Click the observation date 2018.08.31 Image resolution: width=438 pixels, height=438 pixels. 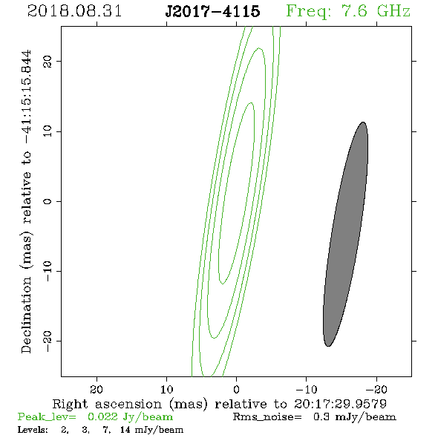click(x=74, y=11)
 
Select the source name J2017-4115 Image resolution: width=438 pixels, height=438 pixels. click(x=212, y=11)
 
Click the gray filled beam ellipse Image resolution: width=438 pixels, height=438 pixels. click(x=345, y=234)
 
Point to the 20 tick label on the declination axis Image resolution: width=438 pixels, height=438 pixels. click(x=48, y=62)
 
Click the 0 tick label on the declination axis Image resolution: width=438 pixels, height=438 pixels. click(x=48, y=201)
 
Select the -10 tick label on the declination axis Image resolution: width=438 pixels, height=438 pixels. click(x=48, y=271)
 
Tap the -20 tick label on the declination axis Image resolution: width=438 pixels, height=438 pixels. click(x=48, y=341)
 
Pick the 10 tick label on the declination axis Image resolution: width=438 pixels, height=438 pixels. click(x=48, y=131)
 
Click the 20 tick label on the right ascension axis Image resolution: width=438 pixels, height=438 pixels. click(x=97, y=389)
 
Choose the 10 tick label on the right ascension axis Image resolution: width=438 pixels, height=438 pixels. click(x=167, y=389)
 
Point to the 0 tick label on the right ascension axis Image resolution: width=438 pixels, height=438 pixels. click(x=237, y=389)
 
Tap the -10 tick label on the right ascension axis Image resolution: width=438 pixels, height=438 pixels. click(x=307, y=389)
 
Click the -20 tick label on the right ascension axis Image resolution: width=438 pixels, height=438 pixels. click(x=376, y=389)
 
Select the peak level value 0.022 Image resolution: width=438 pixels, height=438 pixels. click(x=102, y=416)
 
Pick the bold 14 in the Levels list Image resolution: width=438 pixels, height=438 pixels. click(x=125, y=429)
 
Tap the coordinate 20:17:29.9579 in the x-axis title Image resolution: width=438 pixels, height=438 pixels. click(x=340, y=404)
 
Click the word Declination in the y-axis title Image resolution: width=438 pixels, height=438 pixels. click(x=26, y=315)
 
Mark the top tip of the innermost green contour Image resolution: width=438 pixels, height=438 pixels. click(x=252, y=102)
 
